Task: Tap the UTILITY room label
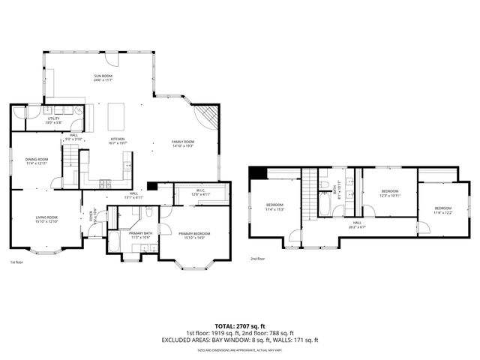pyautogui.click(x=54, y=118)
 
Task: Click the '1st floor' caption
pyautogui.click(x=16, y=262)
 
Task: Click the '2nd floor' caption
pyautogui.click(x=256, y=259)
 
